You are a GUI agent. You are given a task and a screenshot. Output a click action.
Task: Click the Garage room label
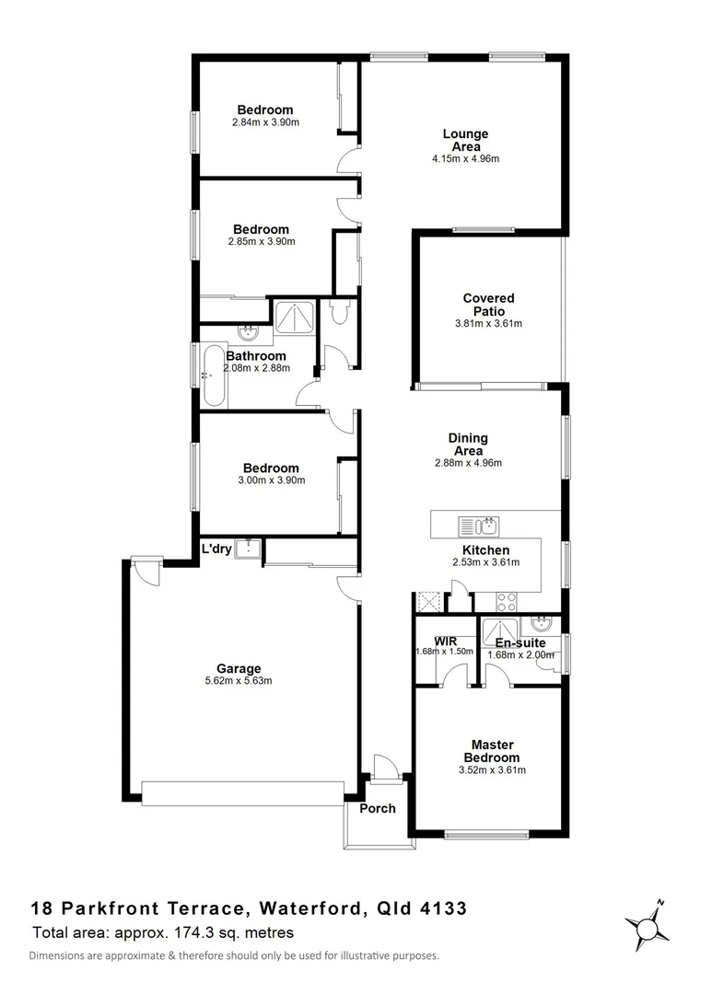239,669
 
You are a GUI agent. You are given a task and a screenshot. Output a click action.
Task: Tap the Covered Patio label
488,305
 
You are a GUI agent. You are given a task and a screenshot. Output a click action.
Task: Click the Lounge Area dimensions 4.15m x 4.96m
465,158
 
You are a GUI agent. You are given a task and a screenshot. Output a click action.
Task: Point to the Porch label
377,809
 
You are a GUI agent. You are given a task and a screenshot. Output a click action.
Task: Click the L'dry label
216,549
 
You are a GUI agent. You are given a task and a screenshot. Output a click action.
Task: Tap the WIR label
432,641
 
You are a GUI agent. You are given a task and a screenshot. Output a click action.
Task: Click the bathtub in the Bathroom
213,375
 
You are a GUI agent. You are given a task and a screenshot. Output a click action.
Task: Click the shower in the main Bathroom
294,318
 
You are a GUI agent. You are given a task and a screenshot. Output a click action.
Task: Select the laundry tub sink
247,549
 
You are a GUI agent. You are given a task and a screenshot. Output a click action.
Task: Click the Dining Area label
467,445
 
